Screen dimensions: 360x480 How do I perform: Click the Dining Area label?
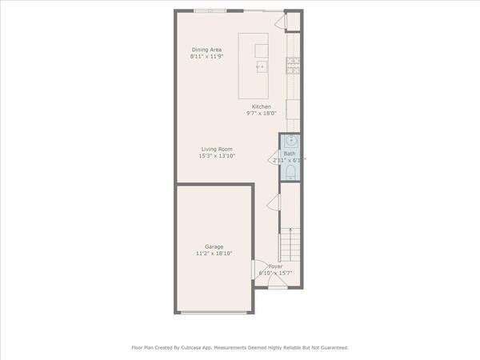pos(205,50)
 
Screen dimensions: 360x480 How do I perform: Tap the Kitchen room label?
pos(262,106)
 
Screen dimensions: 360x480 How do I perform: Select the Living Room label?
pos(217,149)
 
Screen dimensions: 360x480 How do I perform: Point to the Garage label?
pos(214,246)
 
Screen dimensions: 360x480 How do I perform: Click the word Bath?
pos(289,153)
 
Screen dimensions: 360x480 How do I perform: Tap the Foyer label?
pos(275,266)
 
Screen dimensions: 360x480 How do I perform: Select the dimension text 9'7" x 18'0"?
pos(262,114)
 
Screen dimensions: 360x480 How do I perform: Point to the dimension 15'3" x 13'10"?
pos(217,156)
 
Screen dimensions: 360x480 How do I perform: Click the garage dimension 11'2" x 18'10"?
pos(214,254)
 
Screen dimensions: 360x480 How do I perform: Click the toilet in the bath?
pos(290,170)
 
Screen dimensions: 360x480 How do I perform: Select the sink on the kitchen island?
pos(261,67)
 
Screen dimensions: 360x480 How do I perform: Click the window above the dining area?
pos(210,10)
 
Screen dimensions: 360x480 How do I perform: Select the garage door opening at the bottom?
pos(214,312)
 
